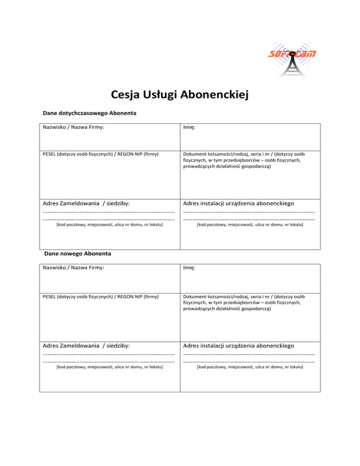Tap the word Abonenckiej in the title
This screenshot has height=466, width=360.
coord(213,96)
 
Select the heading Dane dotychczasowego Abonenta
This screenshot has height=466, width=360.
coord(89,113)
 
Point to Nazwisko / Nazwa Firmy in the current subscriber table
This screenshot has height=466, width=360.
coord(73,128)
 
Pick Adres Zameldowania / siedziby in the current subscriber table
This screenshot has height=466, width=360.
coord(86,204)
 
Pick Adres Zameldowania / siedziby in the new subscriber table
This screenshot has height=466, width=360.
coord(86,346)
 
